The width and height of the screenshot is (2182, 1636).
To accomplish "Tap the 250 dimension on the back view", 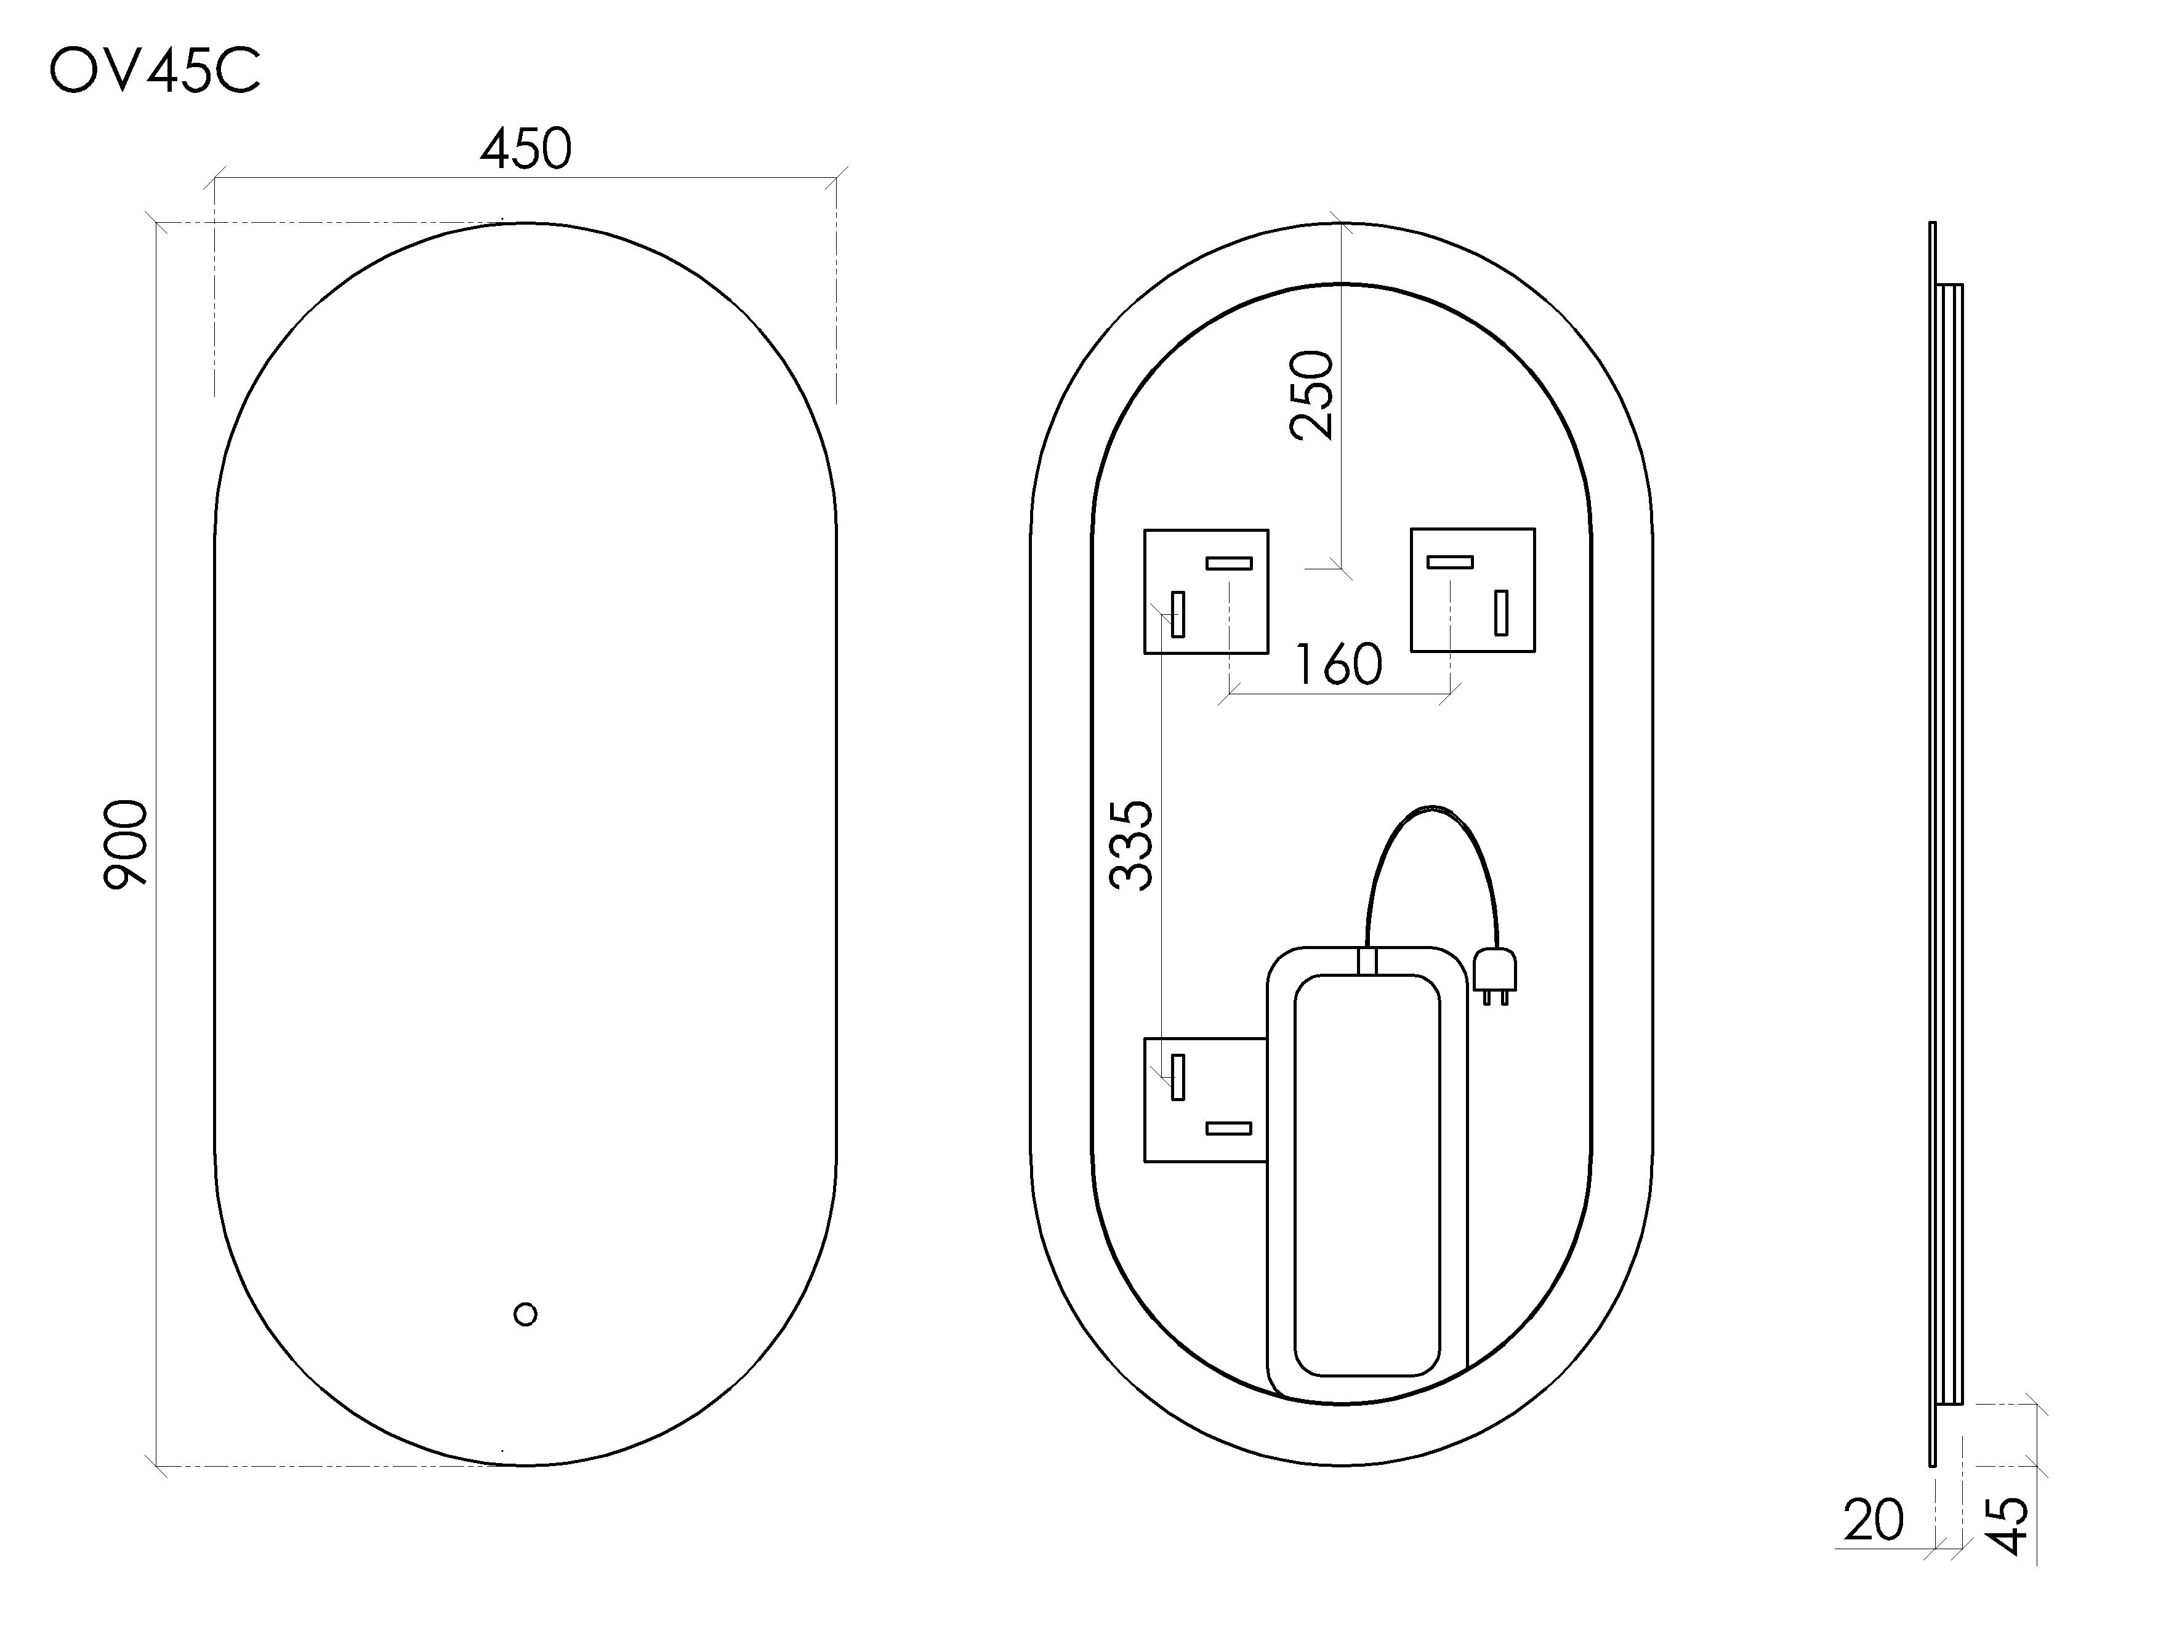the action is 1312,395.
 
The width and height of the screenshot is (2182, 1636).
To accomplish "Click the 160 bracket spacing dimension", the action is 1338,665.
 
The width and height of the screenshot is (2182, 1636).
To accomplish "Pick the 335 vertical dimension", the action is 1132,845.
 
